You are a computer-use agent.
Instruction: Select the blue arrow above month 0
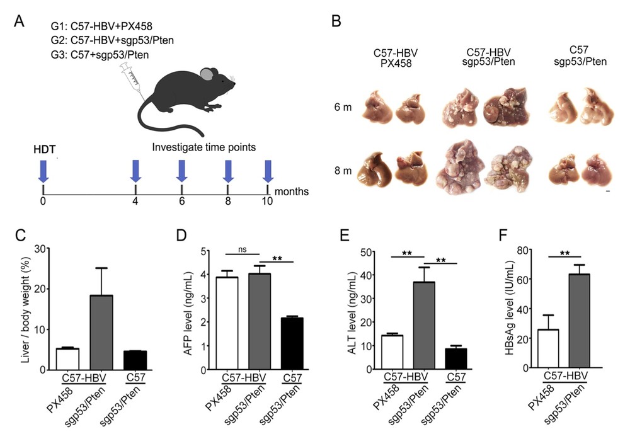[x=43, y=170]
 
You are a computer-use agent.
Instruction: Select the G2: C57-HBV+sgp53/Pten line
[x=113, y=41]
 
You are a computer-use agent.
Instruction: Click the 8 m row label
[x=343, y=169]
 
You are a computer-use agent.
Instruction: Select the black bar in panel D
[x=292, y=343]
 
